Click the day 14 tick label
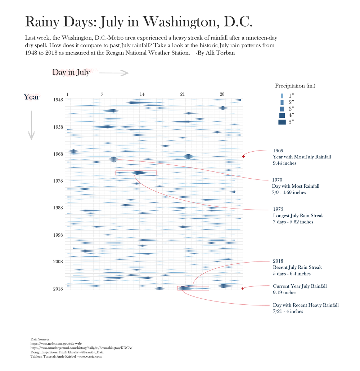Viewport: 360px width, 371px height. [x=142, y=94]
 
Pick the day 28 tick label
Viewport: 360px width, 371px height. [x=222, y=94]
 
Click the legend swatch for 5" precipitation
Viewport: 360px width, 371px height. [x=282, y=122]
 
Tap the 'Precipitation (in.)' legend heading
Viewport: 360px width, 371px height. [x=295, y=86]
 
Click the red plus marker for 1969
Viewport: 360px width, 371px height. [x=243, y=156]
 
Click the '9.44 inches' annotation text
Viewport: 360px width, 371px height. [x=285, y=163]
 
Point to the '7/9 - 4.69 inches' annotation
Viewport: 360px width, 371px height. [x=289, y=193]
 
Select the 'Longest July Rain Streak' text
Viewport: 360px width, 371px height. [x=298, y=216]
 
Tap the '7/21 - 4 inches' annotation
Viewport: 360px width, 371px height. [x=288, y=312]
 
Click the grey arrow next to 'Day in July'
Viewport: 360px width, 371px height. [x=114, y=73]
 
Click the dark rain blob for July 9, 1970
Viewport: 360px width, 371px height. [x=114, y=159]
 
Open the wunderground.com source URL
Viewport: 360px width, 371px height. [x=81, y=348]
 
